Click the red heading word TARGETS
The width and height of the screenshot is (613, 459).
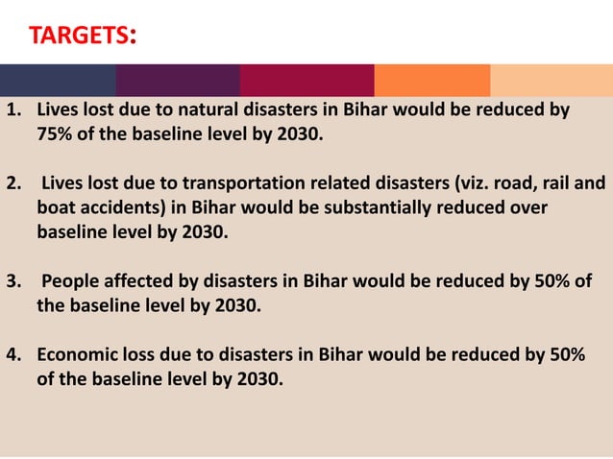pos(78,36)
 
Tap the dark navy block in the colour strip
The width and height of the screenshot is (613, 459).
pos(58,80)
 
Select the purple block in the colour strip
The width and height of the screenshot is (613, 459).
pos(178,80)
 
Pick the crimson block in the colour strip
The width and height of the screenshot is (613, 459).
pos(306,80)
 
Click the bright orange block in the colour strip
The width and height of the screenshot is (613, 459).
pos(431,80)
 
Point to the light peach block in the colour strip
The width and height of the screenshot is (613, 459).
pos(551,80)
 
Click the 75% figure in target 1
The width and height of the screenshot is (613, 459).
pos(55,133)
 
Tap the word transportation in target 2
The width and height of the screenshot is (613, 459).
pos(252,182)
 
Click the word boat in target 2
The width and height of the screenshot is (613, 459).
pos(57,207)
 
